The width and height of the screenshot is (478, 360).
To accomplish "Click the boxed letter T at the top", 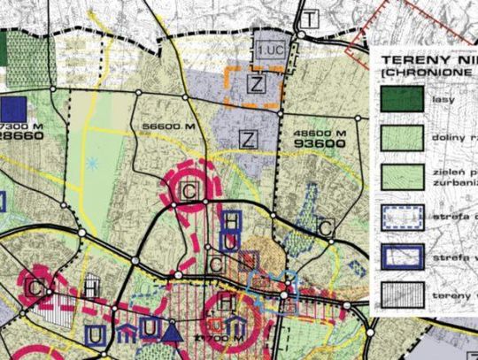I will coord(309,19).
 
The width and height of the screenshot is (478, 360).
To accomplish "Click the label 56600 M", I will coord(166,127).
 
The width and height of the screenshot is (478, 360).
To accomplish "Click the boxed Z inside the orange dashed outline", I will coord(256,85).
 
